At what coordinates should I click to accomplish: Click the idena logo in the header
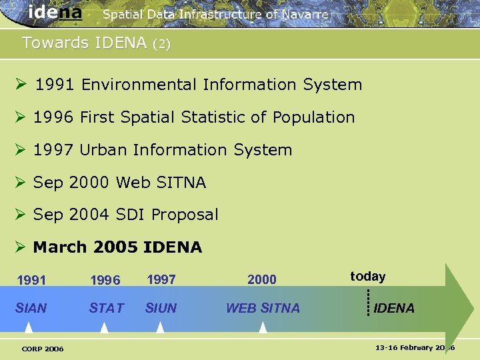click(x=55, y=13)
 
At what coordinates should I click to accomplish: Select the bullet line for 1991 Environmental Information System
click(x=198, y=85)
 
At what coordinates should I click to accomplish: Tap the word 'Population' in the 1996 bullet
click(x=313, y=117)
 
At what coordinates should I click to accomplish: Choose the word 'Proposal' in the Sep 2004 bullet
click(x=185, y=215)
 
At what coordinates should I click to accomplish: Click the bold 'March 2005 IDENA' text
click(x=117, y=247)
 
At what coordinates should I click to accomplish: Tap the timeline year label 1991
click(x=31, y=281)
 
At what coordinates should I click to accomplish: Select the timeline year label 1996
click(x=106, y=281)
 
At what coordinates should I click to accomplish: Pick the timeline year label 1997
click(x=161, y=280)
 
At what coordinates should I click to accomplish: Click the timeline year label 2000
click(x=261, y=280)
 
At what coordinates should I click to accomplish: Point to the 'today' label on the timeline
click(x=368, y=277)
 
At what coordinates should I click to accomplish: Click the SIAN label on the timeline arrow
click(x=31, y=308)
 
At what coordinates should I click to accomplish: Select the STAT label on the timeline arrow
click(x=107, y=308)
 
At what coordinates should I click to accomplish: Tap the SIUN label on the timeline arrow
click(x=161, y=308)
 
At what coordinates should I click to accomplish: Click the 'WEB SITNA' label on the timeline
click(x=263, y=308)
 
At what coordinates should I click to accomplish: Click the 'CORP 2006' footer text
click(x=43, y=349)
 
